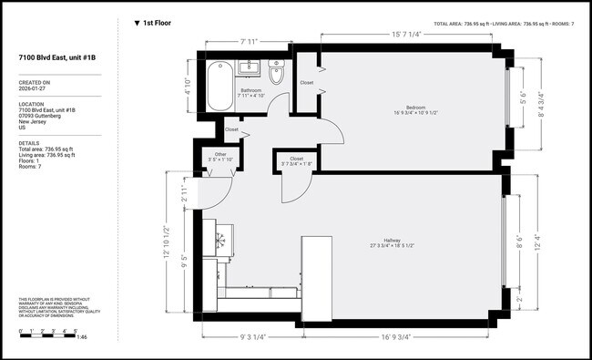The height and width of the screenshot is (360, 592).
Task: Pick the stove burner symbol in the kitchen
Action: pos(220,240)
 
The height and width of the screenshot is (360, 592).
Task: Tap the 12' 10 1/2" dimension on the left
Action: pos(165,242)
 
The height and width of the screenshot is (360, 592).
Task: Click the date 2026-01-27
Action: pos(36,89)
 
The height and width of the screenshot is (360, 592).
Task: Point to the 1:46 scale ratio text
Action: pos(81,338)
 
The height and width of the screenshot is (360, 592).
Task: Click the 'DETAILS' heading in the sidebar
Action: pos(29,143)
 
